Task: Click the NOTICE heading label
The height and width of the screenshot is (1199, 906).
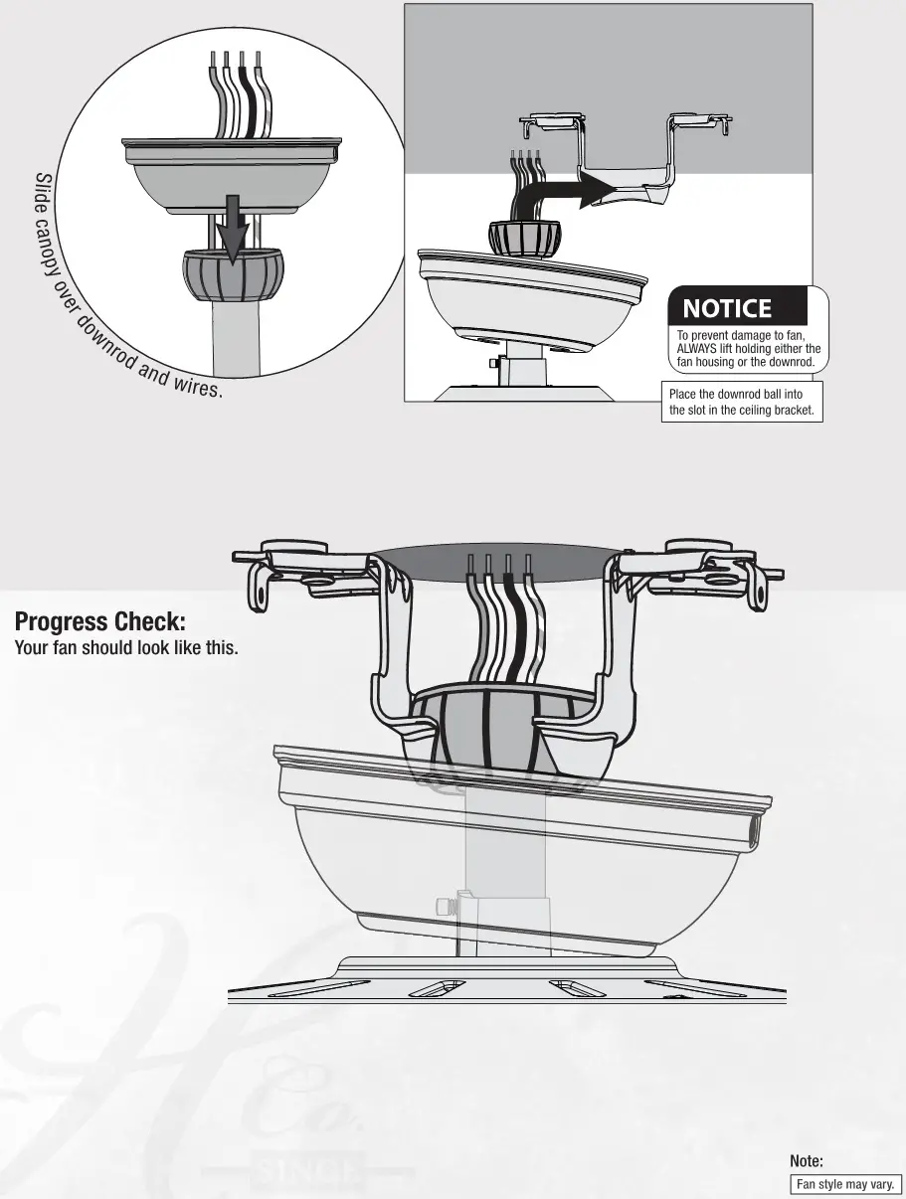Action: [x=727, y=309]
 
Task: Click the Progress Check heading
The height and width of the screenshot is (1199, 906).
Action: [x=100, y=622]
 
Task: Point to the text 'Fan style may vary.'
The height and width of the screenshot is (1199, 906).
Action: [x=845, y=1184]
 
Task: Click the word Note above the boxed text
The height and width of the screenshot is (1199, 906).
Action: [x=806, y=1161]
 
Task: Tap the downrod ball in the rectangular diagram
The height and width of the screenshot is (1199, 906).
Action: [x=523, y=236]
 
